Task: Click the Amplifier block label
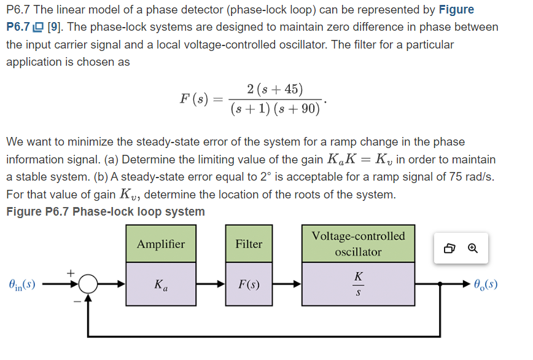[160, 244]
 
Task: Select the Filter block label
[249, 244]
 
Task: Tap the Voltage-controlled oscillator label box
[358, 244]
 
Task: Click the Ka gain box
[160, 285]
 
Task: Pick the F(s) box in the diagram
[249, 285]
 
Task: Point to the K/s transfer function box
[358, 285]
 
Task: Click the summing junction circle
[89, 284]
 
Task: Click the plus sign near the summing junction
[71, 272]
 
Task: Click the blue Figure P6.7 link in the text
[25, 27]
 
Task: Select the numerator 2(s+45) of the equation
[274, 89]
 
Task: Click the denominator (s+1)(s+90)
[275, 109]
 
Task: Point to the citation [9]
[55, 27]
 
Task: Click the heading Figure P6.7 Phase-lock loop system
[105, 211]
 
